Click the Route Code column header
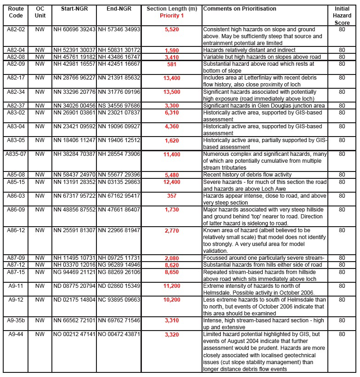pos(16,12)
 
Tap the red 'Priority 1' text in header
pos(172,16)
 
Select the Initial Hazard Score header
pos(342,16)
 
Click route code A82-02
pos(16,29)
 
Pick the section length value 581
pos(172,64)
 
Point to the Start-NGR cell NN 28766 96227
pos(74,78)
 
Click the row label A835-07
pos(16,154)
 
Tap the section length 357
pos(172,195)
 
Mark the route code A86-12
pos(16,230)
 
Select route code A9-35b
pos(16,320)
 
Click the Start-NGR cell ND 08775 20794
pos(74,286)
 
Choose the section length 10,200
pos(172,299)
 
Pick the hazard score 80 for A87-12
pos(342,264)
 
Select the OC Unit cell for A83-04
pos(40,126)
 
